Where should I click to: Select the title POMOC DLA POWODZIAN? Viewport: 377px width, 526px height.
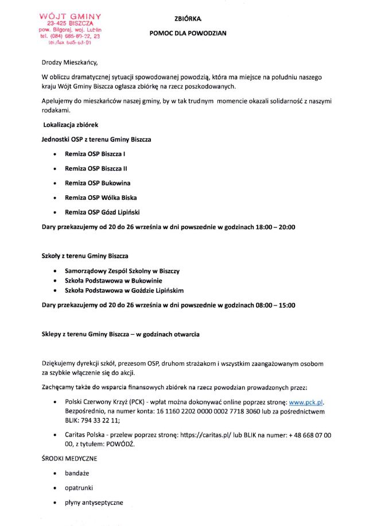click(x=188, y=33)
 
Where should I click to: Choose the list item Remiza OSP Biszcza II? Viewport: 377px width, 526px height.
click(x=96, y=169)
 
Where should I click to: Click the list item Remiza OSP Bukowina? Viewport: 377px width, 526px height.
click(x=98, y=183)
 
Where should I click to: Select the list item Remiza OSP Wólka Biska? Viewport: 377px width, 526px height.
click(x=100, y=198)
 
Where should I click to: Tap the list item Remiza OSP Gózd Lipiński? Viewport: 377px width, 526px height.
click(x=103, y=212)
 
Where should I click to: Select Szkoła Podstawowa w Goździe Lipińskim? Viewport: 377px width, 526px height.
click(x=124, y=291)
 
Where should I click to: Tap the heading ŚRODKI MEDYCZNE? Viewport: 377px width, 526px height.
click(x=69, y=459)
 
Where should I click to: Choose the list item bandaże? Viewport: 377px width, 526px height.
click(x=77, y=474)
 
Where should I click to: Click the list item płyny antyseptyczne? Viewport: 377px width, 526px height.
click(x=94, y=502)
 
